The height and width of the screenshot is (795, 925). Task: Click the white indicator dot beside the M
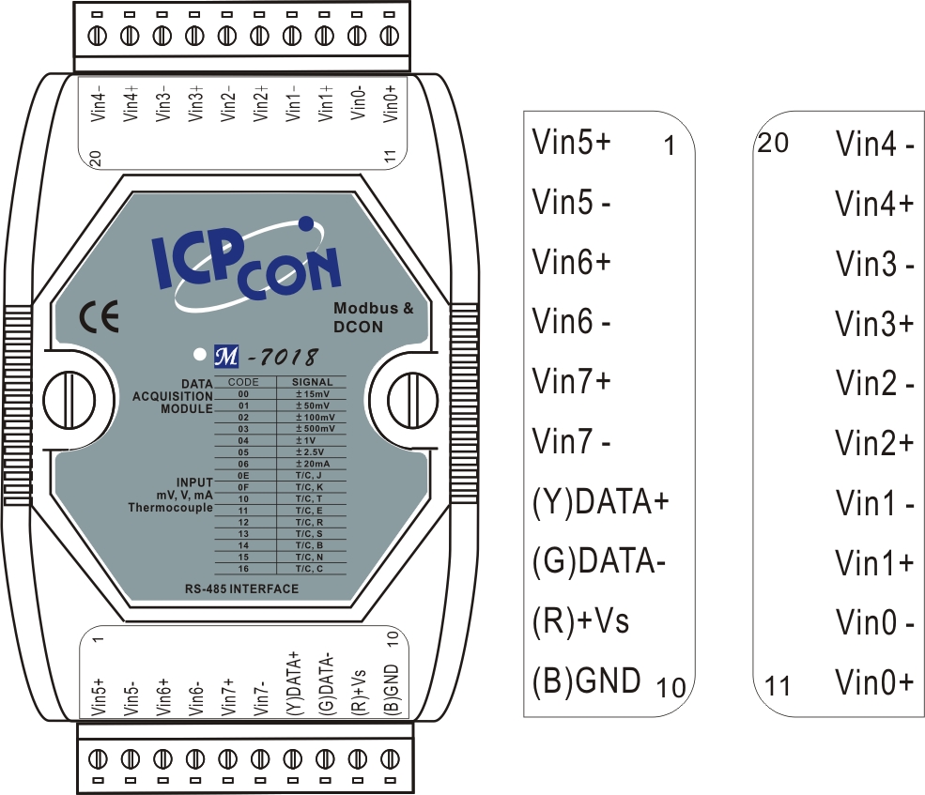199,356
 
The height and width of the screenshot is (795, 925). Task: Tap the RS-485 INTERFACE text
241,589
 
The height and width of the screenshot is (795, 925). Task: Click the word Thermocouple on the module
169,508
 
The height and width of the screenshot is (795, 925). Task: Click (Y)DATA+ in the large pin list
599,503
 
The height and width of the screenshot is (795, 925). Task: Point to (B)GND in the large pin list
586,678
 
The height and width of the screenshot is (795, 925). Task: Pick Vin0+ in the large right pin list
874,681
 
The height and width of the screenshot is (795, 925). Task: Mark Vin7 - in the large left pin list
572,440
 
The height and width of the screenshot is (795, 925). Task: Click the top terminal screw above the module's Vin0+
390,37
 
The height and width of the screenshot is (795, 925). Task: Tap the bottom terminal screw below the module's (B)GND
390,757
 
